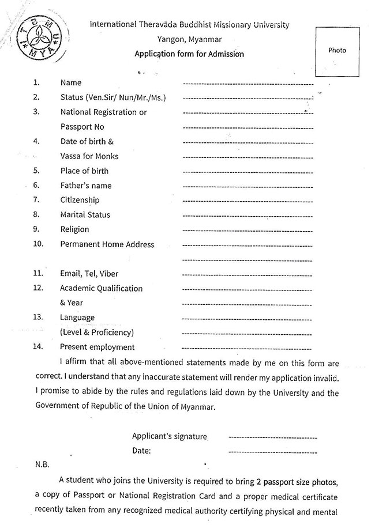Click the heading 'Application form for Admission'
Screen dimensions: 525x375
[x=189, y=54]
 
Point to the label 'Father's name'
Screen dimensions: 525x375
[x=86, y=186]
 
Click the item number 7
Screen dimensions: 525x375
[x=36, y=200]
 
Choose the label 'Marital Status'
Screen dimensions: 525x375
[x=85, y=215]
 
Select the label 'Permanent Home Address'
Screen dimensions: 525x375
[x=107, y=244]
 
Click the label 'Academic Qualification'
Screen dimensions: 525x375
[x=101, y=288]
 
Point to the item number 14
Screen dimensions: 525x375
[x=38, y=347]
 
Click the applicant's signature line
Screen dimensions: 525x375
[x=272, y=437]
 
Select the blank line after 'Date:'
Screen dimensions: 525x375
[x=272, y=451]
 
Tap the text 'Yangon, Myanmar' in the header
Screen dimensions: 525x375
[x=189, y=40]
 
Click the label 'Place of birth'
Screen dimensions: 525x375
[x=84, y=171]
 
